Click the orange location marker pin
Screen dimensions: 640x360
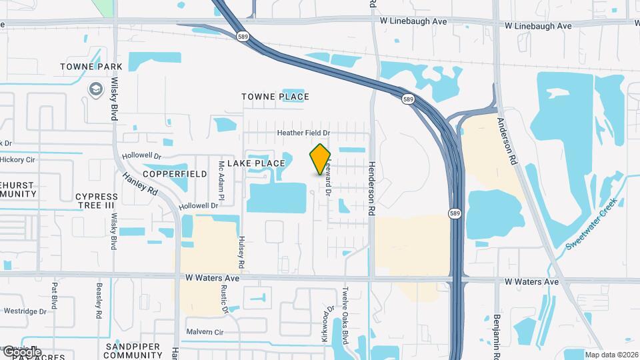(x=321, y=159)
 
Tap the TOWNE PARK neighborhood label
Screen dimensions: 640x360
(x=91, y=67)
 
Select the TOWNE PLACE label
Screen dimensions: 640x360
(x=275, y=97)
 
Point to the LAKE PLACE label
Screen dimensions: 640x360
(x=256, y=163)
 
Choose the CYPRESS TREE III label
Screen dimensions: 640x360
(x=97, y=201)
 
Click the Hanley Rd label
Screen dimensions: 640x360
(x=139, y=185)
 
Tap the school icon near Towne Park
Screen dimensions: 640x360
(x=96, y=89)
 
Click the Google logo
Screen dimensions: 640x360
(x=21, y=351)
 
